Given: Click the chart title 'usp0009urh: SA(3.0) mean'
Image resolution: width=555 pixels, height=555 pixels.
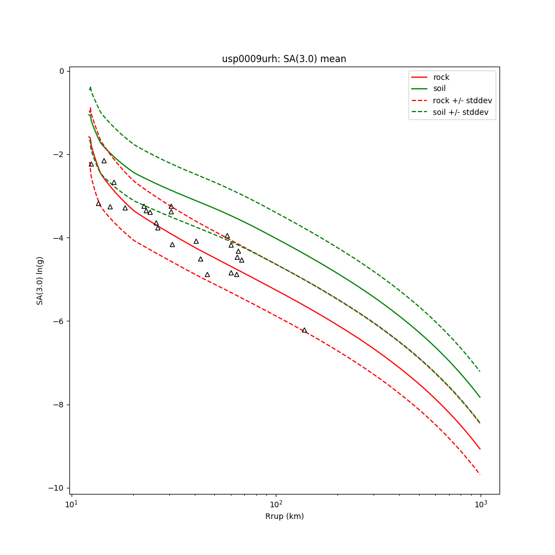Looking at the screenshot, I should coord(284,59).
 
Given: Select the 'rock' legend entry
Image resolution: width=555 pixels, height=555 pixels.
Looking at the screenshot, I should coord(441,77).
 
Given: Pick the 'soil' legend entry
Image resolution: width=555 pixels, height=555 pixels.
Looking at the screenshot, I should coord(440,89).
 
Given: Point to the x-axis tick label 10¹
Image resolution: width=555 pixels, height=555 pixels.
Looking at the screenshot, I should coord(70,504).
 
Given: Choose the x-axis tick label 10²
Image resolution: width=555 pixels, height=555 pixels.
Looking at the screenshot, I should coord(276,504).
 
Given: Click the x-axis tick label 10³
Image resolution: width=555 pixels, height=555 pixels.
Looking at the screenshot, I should coord(481,504).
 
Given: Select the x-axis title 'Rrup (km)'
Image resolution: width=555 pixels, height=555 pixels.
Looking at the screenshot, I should coord(284,516).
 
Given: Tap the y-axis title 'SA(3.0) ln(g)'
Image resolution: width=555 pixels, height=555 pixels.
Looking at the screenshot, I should coord(40,280).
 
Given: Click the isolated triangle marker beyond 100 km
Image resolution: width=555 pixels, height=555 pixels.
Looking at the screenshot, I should coord(304,330).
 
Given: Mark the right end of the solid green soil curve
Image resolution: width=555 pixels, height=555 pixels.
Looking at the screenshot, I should coord(480,397).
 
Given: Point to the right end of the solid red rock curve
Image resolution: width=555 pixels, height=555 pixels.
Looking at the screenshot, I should coord(480,449).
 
